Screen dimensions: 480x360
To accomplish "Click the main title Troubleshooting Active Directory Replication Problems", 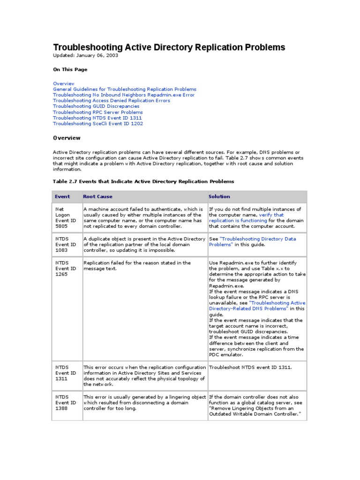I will pos(169,47).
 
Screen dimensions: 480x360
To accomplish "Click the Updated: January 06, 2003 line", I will pos(85,55).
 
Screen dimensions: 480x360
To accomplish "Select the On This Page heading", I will pos(70,69).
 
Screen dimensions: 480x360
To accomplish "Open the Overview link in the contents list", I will pos(64,83).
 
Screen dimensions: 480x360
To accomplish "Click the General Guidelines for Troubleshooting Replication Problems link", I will pos(125,89).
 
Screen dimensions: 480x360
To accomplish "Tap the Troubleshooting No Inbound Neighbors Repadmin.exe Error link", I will pos(124,95).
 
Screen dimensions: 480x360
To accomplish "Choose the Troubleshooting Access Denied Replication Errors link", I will pos(112,101).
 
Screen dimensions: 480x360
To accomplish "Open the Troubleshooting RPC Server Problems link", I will pos(97,112).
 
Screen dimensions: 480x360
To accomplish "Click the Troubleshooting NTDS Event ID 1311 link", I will pos(97,118).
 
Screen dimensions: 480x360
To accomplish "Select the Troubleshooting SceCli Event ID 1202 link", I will pos(98,124).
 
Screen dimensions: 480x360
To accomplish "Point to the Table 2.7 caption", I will pos(143,181).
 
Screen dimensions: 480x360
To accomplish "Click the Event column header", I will pos(62,196).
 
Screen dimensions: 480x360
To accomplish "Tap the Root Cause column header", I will pos(97,196).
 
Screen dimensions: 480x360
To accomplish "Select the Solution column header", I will pos(219,196).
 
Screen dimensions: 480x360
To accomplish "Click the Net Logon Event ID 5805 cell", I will pos(66,217).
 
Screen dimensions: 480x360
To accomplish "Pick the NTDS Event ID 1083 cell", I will pos(66,245).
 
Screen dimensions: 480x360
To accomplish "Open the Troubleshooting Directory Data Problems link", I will pos(252,242).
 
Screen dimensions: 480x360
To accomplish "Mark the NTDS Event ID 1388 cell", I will pos(66,403).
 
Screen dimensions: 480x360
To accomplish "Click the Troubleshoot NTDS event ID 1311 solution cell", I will pos(250,367).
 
